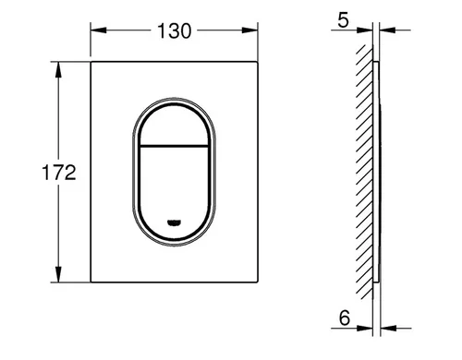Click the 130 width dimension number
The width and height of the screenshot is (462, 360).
point(175,30)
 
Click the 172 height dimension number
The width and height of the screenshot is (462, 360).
point(59,173)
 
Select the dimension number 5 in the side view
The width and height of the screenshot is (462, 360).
point(343,20)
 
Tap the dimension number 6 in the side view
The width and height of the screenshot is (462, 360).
point(345,318)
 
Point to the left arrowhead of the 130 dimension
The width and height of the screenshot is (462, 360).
point(99,30)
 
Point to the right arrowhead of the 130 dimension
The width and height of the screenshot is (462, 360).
point(249,30)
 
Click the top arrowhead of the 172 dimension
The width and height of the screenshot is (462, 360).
point(58,69)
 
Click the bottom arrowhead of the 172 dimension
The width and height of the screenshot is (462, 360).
point(58,274)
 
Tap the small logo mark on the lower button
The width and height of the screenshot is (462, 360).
point(174,222)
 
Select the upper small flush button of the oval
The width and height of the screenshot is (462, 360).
point(174,125)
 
